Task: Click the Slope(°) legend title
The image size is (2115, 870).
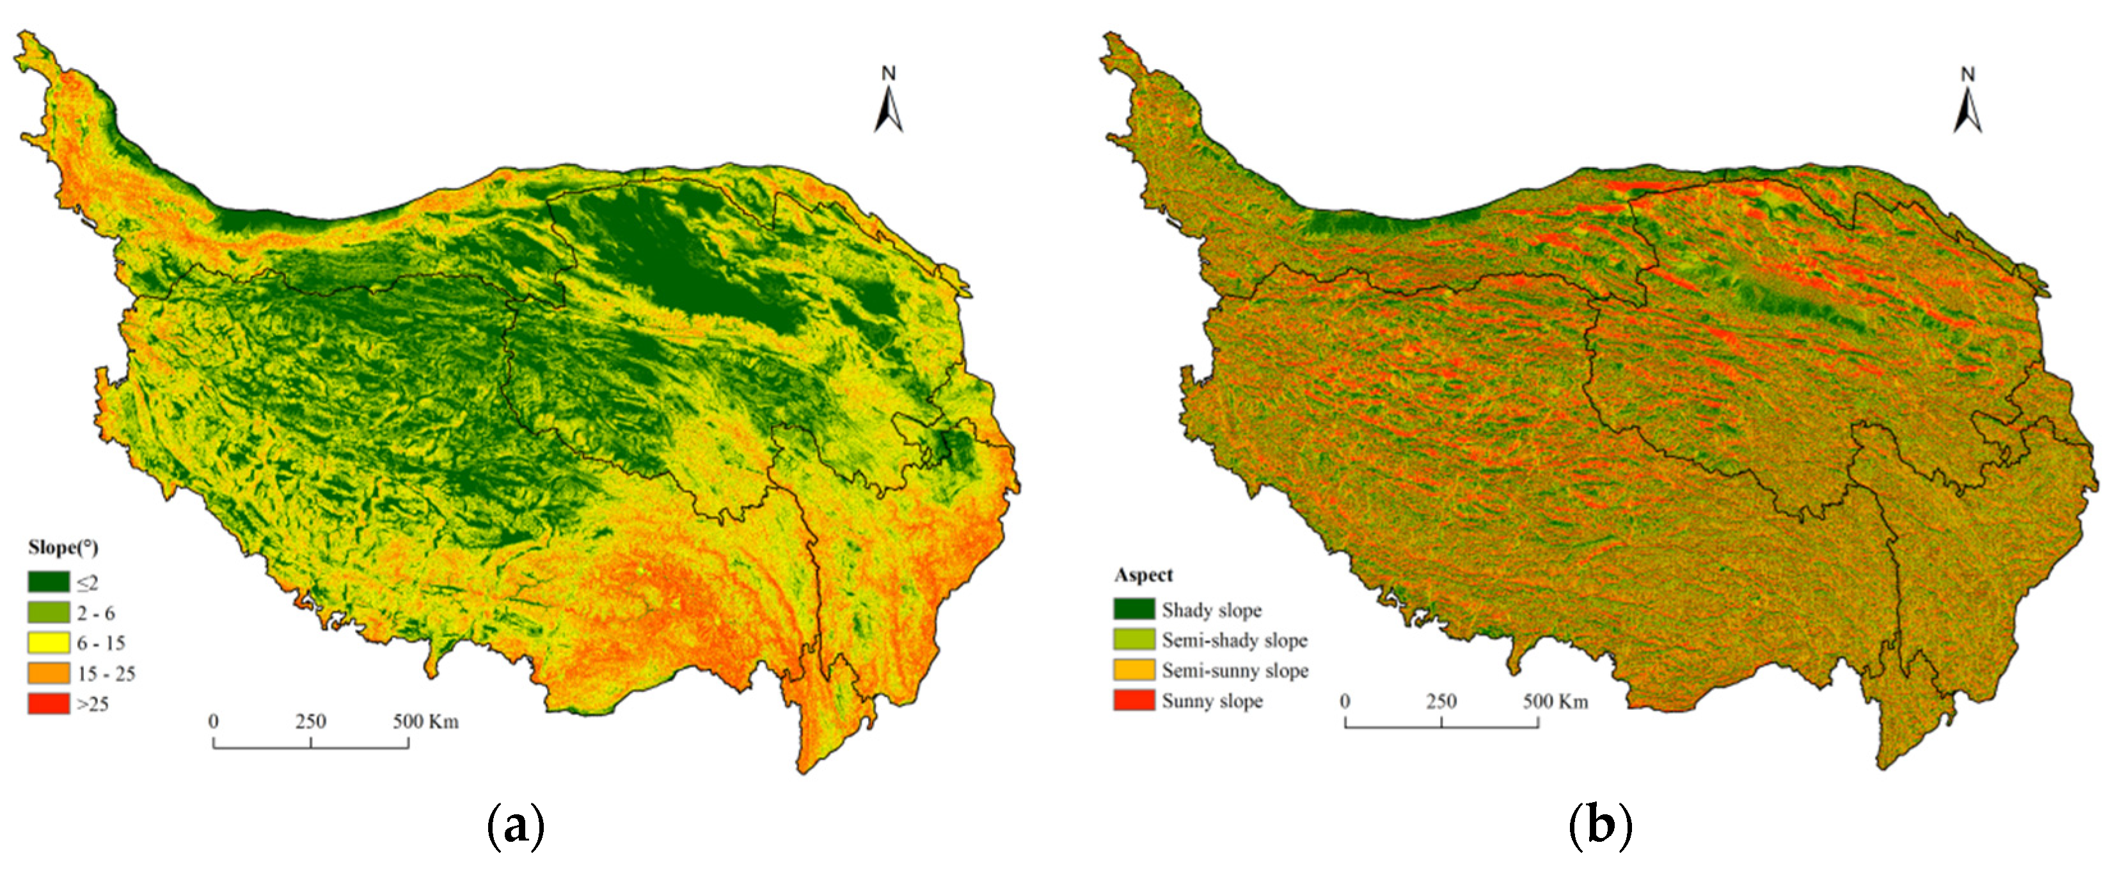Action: click(63, 548)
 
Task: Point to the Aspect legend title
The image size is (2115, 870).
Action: click(1143, 575)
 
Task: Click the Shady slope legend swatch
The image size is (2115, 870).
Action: click(1134, 609)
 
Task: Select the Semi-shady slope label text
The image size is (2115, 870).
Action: click(1234, 640)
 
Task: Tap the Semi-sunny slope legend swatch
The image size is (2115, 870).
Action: click(1134, 670)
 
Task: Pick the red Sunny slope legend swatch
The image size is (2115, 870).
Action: click(1134, 701)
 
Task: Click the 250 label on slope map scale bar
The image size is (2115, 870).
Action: click(310, 721)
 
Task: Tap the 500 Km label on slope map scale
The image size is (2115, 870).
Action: click(425, 721)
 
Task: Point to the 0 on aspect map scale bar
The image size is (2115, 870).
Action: click(1345, 702)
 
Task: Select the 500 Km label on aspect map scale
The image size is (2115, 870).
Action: click(1555, 702)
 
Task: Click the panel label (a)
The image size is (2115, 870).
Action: click(516, 826)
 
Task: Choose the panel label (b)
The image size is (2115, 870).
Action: click(1599, 826)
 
